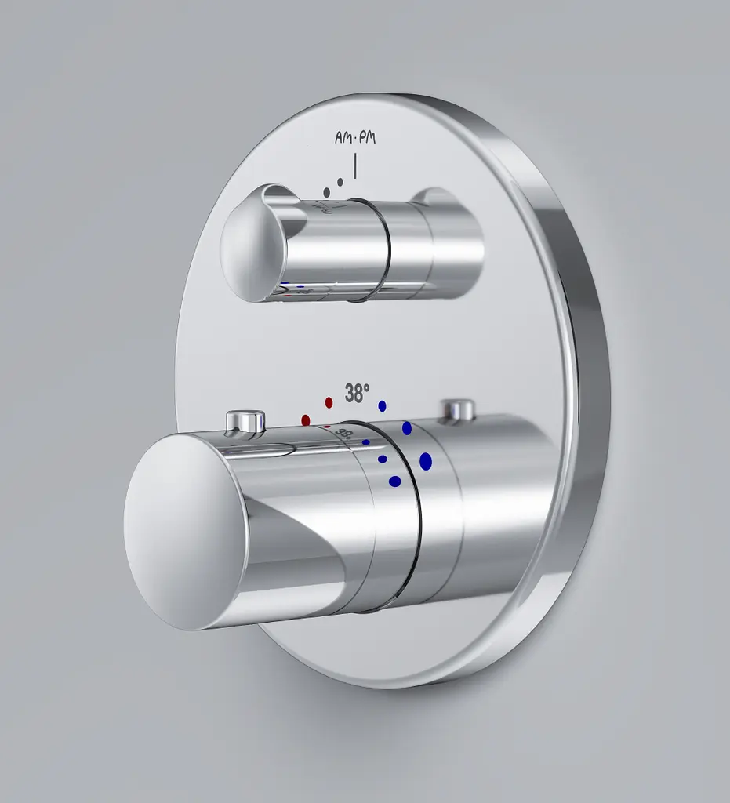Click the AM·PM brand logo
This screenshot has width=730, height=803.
tap(355, 137)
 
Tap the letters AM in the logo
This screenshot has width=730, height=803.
tap(343, 137)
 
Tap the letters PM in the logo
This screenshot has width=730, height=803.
tap(368, 137)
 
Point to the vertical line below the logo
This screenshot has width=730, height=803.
tap(355, 166)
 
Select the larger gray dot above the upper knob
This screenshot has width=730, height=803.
tap(327, 193)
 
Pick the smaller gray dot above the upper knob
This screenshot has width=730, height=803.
tap(340, 181)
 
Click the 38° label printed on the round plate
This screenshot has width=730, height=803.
tap(357, 394)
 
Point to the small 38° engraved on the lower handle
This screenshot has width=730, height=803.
tap(344, 435)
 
